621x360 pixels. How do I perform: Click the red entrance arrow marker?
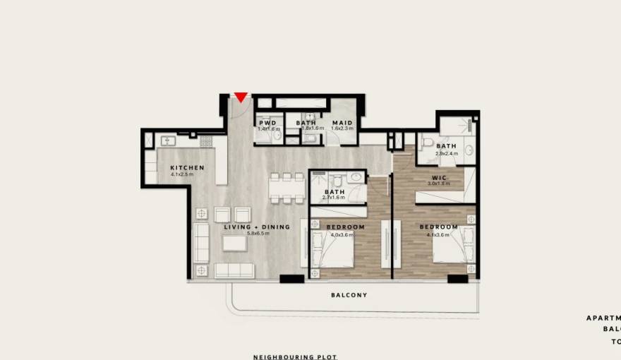tap(241, 97)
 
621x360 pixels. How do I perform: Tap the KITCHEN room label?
tap(187, 168)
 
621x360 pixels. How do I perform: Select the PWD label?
tap(267, 123)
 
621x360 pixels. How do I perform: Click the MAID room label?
tap(342, 123)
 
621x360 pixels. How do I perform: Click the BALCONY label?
tap(349, 295)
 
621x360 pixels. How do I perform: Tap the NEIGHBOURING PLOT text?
tap(295, 357)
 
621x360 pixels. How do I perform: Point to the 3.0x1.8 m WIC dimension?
tap(438, 184)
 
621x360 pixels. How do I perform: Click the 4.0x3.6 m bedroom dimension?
tap(346, 234)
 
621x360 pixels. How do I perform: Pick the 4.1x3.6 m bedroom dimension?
tap(438, 234)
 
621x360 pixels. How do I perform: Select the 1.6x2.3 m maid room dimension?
tap(342, 129)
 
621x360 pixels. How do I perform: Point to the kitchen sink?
tap(167, 140)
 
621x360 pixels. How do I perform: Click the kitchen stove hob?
tap(206, 141)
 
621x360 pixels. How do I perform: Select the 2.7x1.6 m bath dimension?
tap(334, 198)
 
